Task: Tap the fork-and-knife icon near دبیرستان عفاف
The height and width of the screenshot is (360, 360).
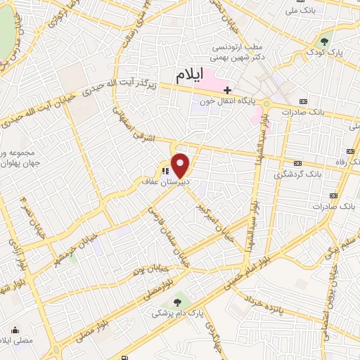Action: pyautogui.click(x=164, y=170)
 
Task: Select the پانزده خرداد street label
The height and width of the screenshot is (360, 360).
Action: pyautogui.click(x=266, y=306)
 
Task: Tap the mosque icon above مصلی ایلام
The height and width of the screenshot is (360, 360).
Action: pyautogui.click(x=15, y=329)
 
